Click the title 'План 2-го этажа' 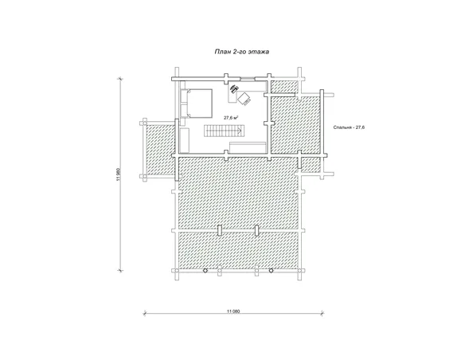point(242,52)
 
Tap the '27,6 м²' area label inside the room point(232,118)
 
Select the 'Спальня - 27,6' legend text point(349,127)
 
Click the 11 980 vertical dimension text point(119,174)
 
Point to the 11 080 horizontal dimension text point(233,311)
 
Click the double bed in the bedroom point(197,104)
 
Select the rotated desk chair point(244,98)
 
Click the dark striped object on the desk point(234,88)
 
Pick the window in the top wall point(248,79)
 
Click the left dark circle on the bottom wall point(205,271)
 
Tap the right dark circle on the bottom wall point(271,271)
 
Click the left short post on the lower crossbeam point(220,230)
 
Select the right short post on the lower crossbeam point(257,230)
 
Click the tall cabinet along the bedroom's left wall point(185,140)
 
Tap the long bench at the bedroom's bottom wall point(248,147)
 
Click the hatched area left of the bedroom point(160,150)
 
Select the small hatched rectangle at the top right point(285,86)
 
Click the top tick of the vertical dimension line point(120,79)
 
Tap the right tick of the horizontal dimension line point(323,314)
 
